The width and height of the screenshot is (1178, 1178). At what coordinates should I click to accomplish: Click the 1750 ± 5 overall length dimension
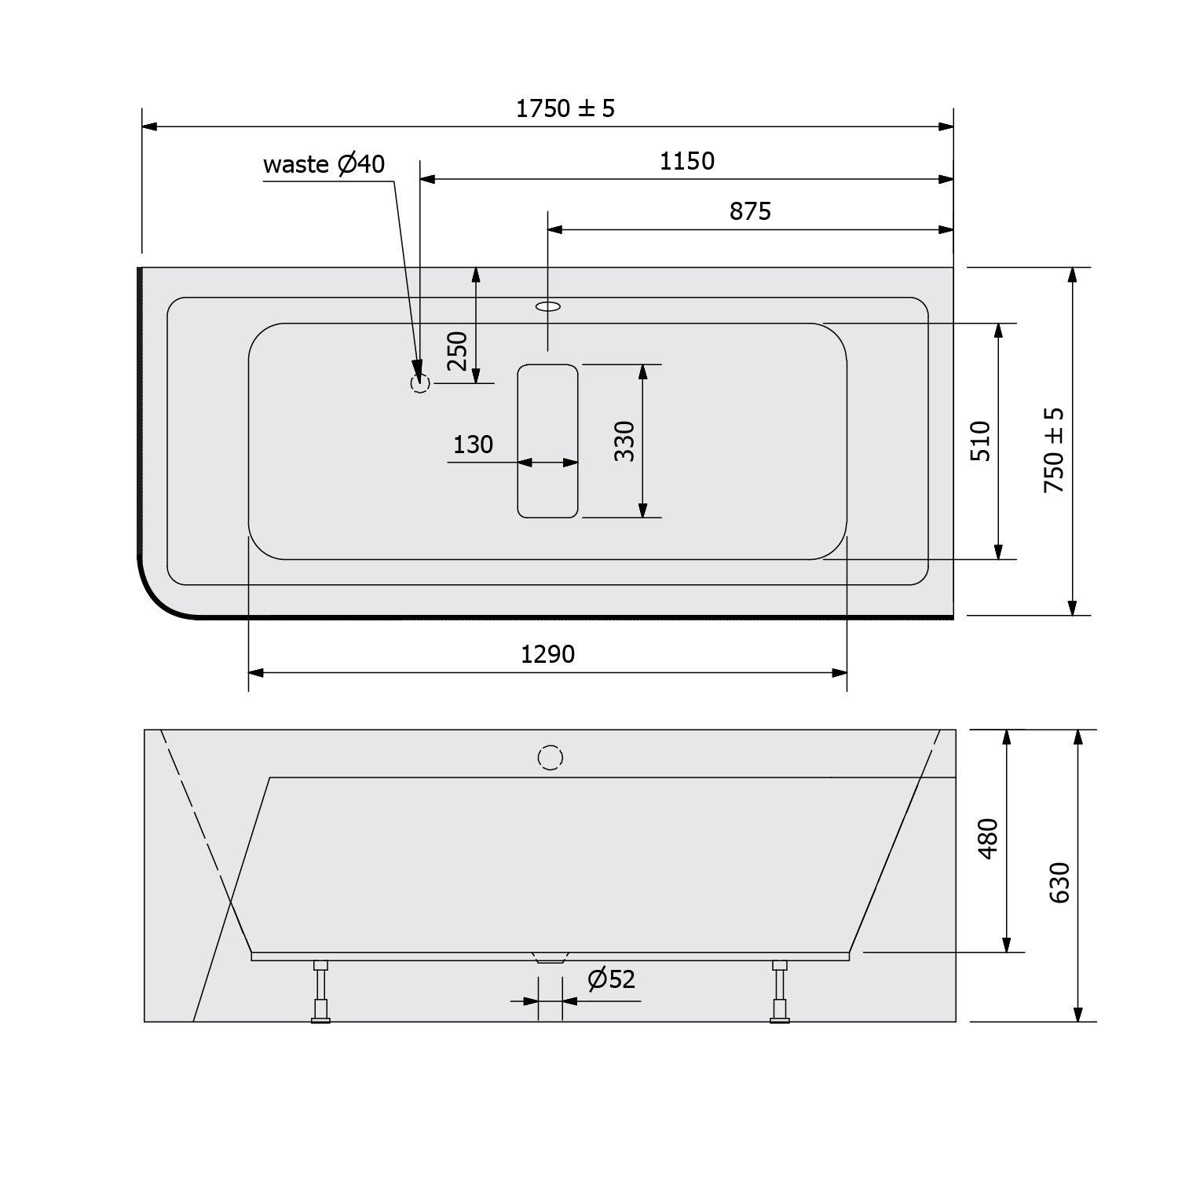tap(565, 108)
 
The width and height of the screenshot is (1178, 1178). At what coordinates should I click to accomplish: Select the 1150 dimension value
tap(686, 161)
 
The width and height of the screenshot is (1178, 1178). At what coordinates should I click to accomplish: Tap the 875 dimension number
tap(750, 211)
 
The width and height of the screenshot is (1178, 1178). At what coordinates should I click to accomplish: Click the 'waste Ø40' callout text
tap(324, 164)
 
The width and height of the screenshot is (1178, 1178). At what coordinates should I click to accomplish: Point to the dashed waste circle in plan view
tap(420, 383)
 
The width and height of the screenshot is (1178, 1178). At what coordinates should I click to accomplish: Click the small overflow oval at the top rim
tap(548, 305)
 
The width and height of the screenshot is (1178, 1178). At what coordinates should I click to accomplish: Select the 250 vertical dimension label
tap(457, 351)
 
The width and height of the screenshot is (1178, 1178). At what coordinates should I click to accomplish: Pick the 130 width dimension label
tap(473, 444)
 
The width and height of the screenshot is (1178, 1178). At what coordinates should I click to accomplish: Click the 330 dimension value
tap(624, 441)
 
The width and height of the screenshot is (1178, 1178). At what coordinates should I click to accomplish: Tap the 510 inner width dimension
tap(981, 441)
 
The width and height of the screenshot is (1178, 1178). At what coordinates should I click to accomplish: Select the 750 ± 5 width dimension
tap(1054, 450)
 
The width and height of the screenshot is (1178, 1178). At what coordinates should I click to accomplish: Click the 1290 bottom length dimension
tap(547, 653)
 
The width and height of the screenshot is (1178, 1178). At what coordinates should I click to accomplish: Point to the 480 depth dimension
tap(988, 838)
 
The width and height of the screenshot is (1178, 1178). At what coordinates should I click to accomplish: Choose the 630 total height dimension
tap(1059, 883)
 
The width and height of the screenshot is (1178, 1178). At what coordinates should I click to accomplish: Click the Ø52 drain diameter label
tap(611, 979)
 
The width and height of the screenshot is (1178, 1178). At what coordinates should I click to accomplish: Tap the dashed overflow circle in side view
tap(551, 758)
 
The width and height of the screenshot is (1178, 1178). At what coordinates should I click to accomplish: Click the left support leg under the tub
tap(320, 991)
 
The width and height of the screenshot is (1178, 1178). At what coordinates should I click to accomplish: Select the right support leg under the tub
tap(779, 991)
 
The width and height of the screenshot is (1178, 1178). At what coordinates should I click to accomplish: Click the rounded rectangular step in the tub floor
tap(547, 441)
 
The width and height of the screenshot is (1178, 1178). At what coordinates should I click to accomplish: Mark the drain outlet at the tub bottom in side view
tap(550, 958)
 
